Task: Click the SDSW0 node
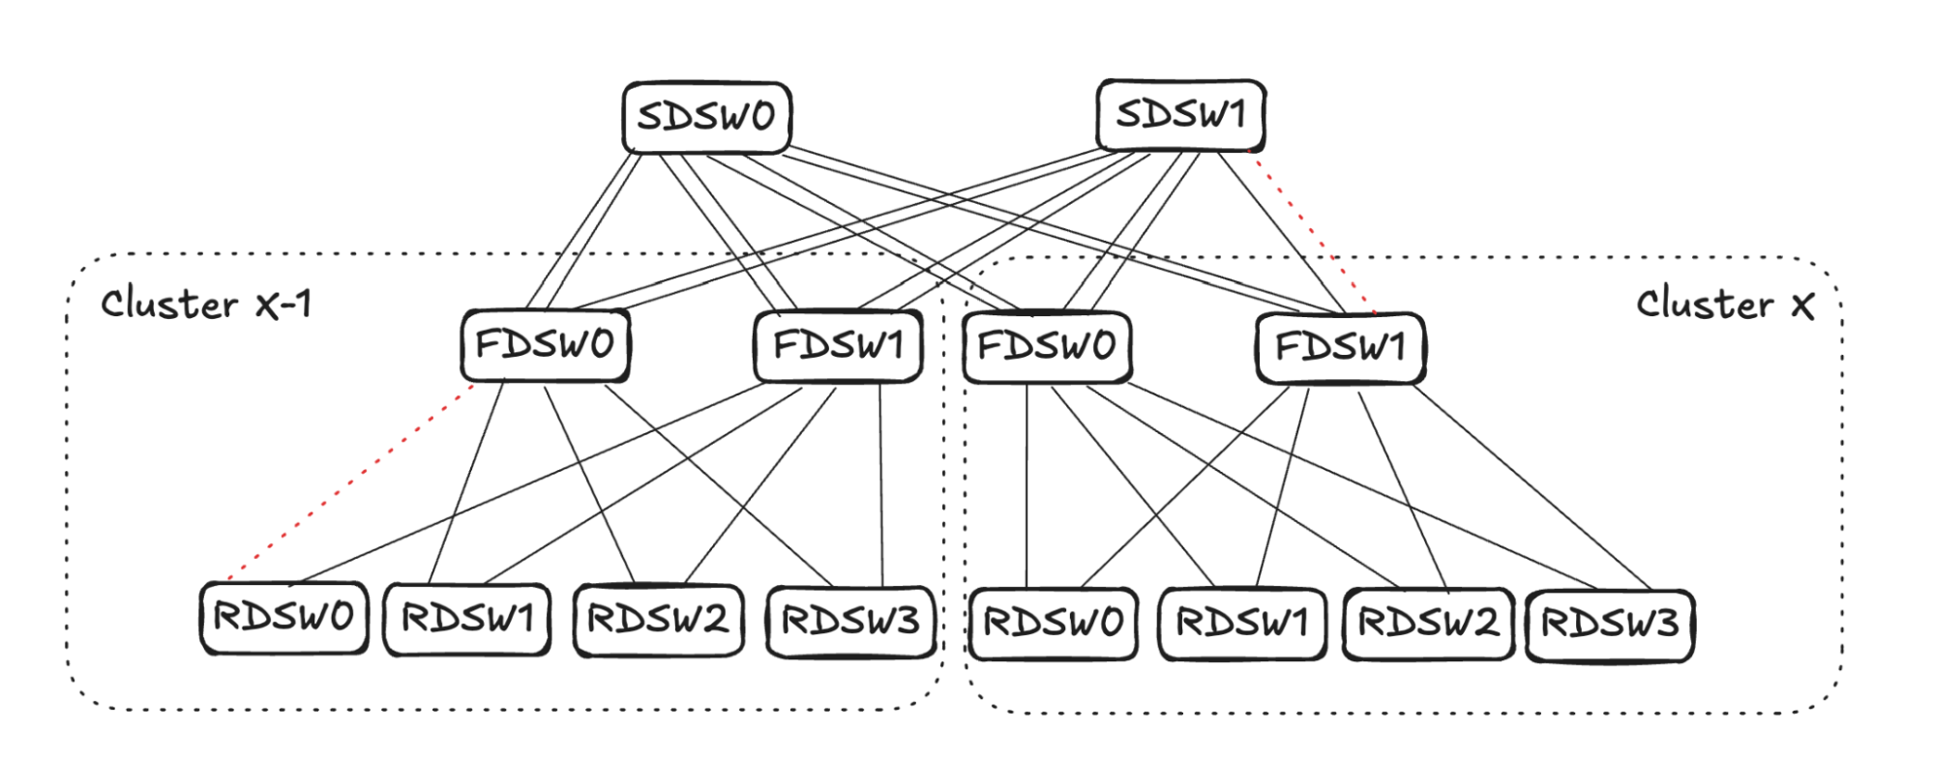click(x=706, y=117)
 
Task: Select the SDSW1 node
click(x=1180, y=115)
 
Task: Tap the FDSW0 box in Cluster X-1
click(x=545, y=344)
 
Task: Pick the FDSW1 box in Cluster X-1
click(x=837, y=344)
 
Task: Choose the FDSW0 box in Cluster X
click(x=1047, y=345)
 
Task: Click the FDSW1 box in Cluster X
click(x=1340, y=346)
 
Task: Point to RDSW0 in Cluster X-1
click(x=283, y=617)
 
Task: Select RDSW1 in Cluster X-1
click(x=467, y=619)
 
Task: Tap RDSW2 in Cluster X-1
click(x=658, y=620)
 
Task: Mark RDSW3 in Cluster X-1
click(x=850, y=622)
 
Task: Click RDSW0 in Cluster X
click(x=1053, y=624)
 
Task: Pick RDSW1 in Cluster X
click(x=1242, y=624)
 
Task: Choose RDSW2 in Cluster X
click(x=1428, y=624)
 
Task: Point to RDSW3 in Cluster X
click(x=1610, y=625)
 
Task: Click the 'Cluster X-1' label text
click(x=206, y=305)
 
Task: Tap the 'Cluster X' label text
click(x=1724, y=305)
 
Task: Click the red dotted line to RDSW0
click(x=350, y=482)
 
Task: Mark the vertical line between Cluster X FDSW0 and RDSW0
click(x=1027, y=483)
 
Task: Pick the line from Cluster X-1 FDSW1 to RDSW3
click(x=880, y=483)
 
